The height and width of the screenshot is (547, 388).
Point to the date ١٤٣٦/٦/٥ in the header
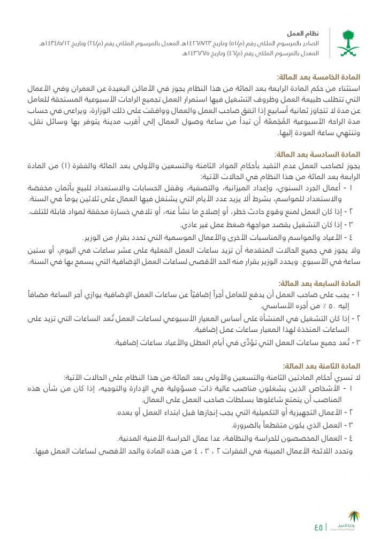click(x=199, y=53)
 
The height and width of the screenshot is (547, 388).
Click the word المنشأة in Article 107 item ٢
click(x=267, y=319)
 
